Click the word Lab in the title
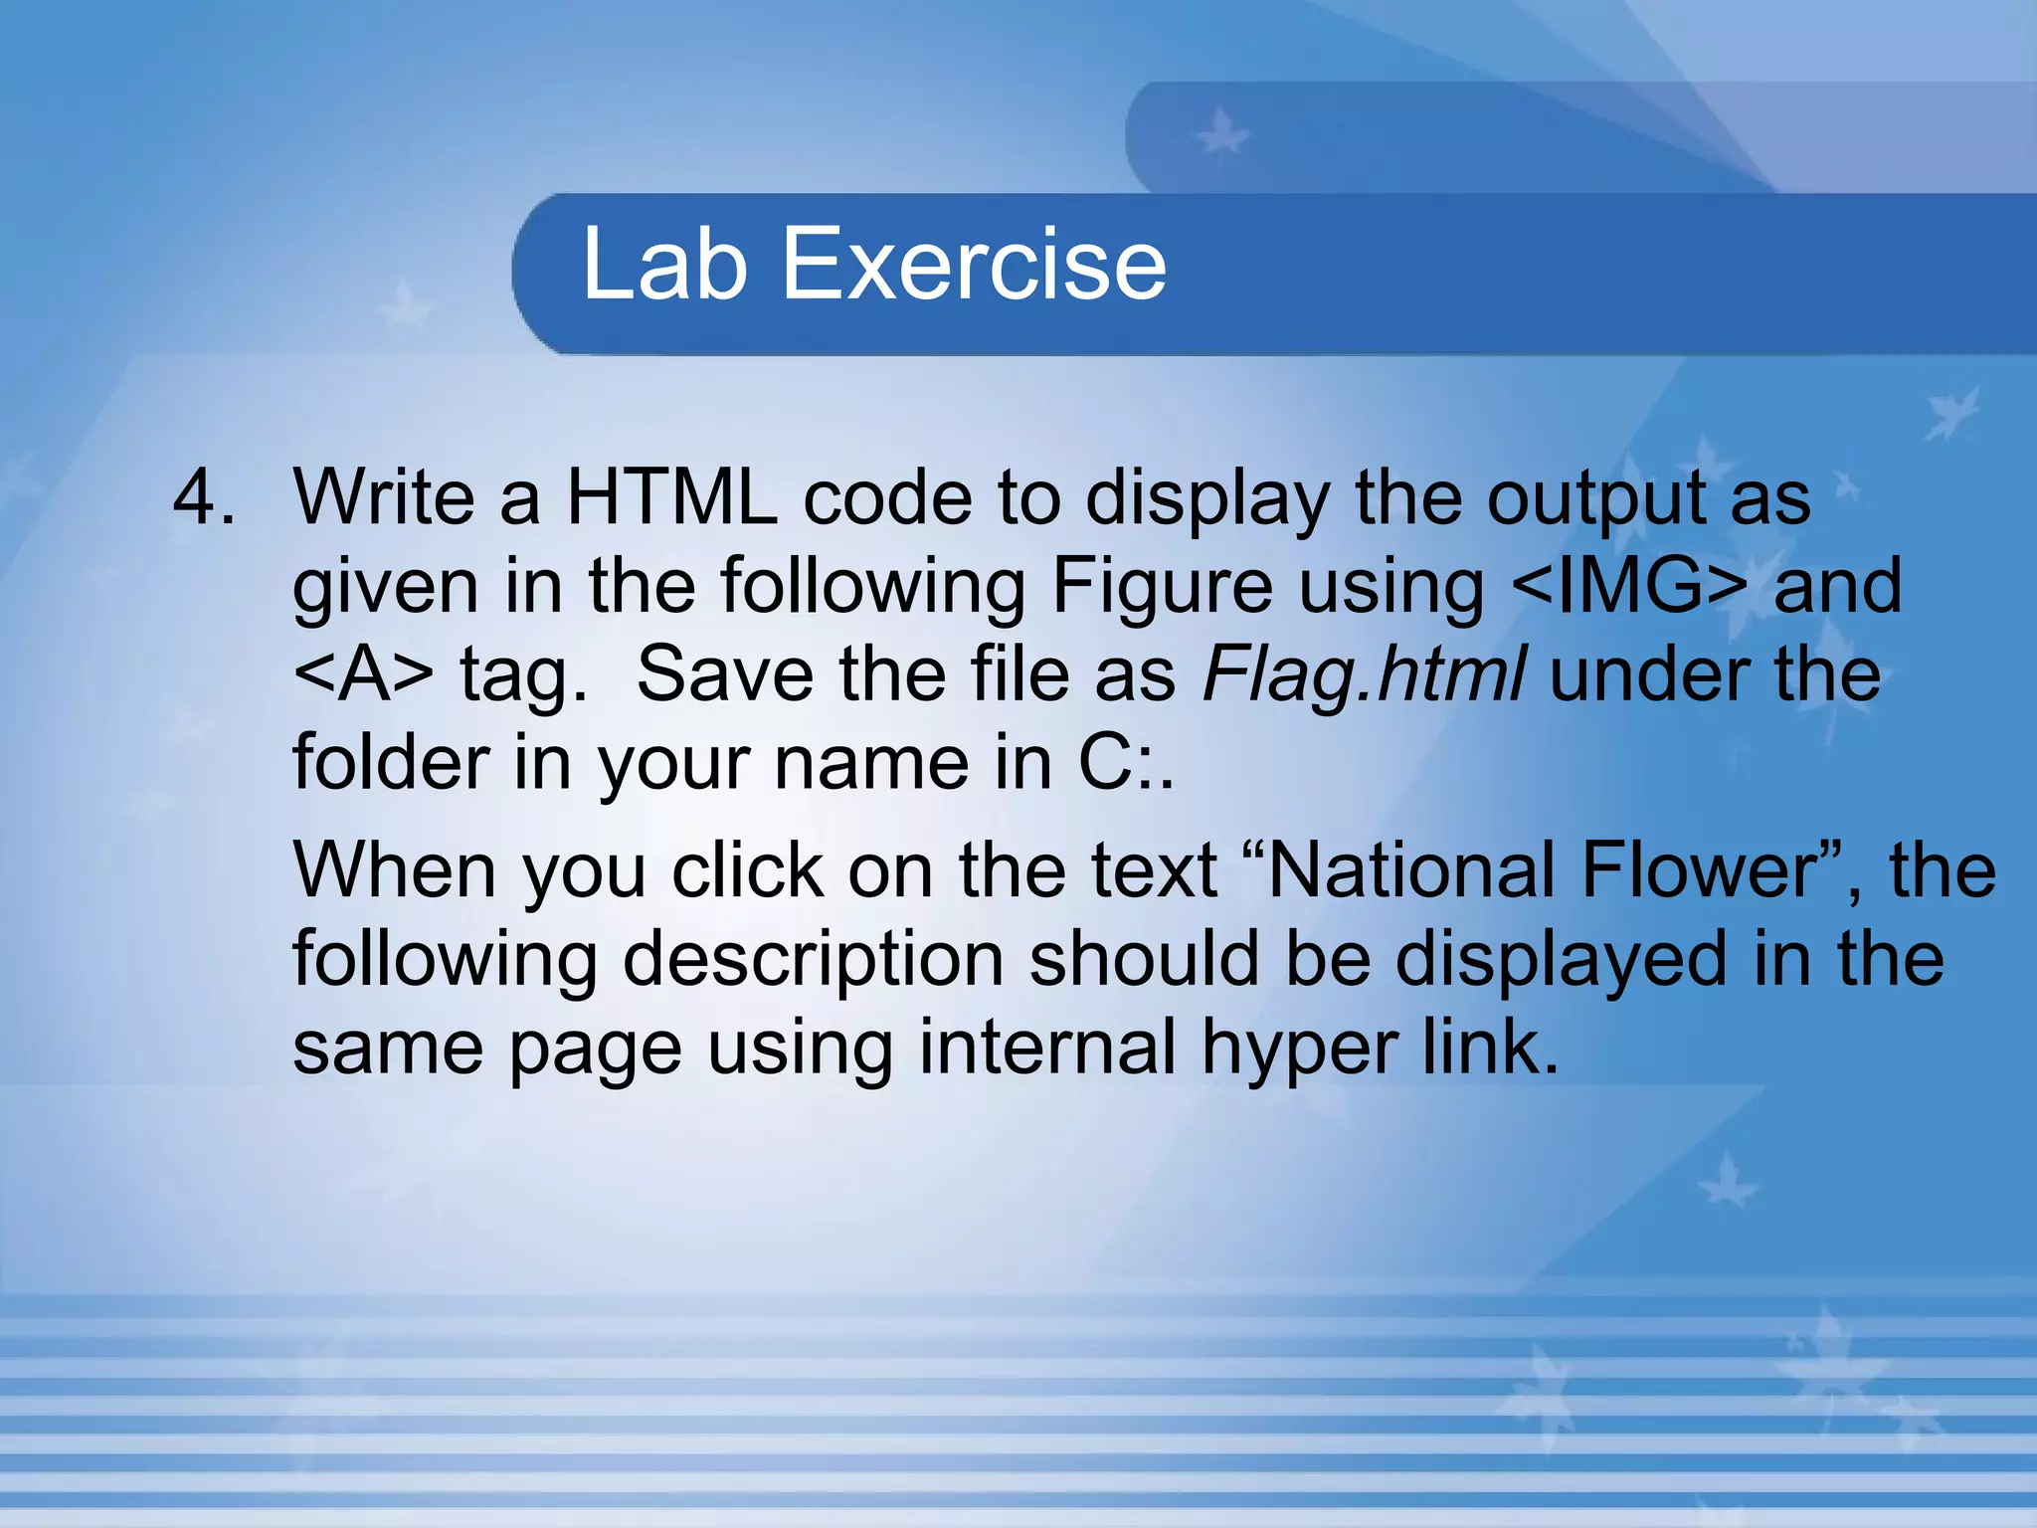point(663,264)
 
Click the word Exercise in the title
point(974,264)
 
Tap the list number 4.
point(204,496)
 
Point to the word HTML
point(671,496)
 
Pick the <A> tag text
point(363,673)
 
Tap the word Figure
point(1162,587)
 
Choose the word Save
point(725,673)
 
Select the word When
point(395,870)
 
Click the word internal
point(1047,1048)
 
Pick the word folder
point(391,762)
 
